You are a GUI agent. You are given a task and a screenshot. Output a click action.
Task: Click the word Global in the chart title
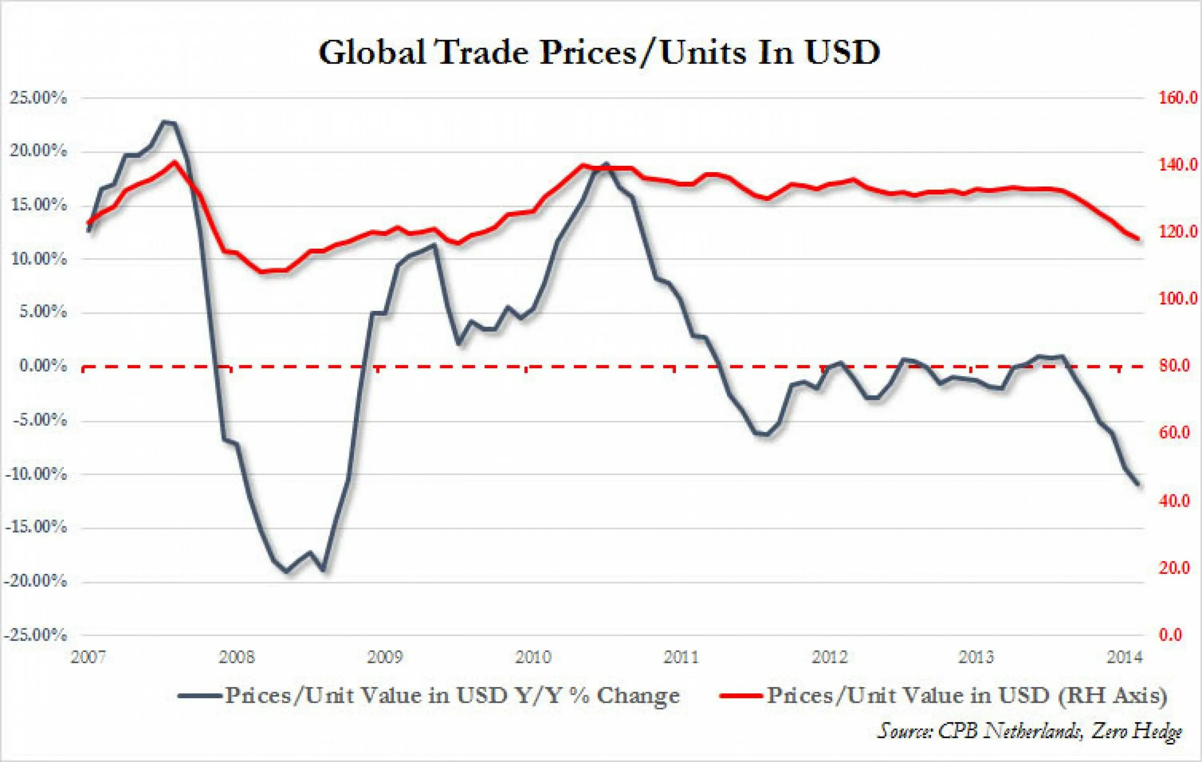coord(372,52)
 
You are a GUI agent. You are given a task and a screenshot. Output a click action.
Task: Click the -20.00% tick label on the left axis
coord(35,581)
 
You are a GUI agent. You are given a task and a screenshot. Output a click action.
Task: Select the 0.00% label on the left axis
coord(43,366)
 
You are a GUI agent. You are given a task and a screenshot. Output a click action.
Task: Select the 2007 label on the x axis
coord(89,657)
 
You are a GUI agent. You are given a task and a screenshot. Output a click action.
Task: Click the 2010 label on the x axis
coord(532,657)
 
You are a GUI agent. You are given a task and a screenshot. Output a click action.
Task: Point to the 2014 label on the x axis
coord(1124,657)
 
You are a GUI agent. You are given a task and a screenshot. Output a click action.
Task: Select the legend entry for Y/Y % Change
coord(452,695)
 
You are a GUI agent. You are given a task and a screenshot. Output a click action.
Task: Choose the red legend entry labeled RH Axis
coord(966,695)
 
